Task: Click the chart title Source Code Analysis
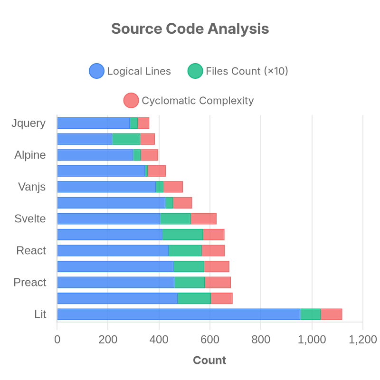point(190,28)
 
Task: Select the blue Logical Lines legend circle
point(97,71)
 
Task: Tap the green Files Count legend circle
point(195,71)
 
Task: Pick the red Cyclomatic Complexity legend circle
point(131,100)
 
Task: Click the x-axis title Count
point(209,361)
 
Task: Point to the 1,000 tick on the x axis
point(312,340)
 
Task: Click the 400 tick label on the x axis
point(159,340)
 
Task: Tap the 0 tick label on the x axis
point(57,340)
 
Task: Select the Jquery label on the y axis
point(28,123)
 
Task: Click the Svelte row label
point(30,218)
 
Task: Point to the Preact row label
point(30,282)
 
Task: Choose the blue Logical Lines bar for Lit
point(179,314)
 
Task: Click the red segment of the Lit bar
point(331,314)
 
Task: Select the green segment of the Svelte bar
point(175,218)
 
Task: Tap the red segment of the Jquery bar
point(143,123)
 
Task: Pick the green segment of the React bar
point(185,251)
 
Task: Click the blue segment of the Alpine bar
point(95,155)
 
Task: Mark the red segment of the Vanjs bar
point(173,187)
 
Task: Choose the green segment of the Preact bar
point(189,282)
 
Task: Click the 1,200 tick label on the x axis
point(362,340)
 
